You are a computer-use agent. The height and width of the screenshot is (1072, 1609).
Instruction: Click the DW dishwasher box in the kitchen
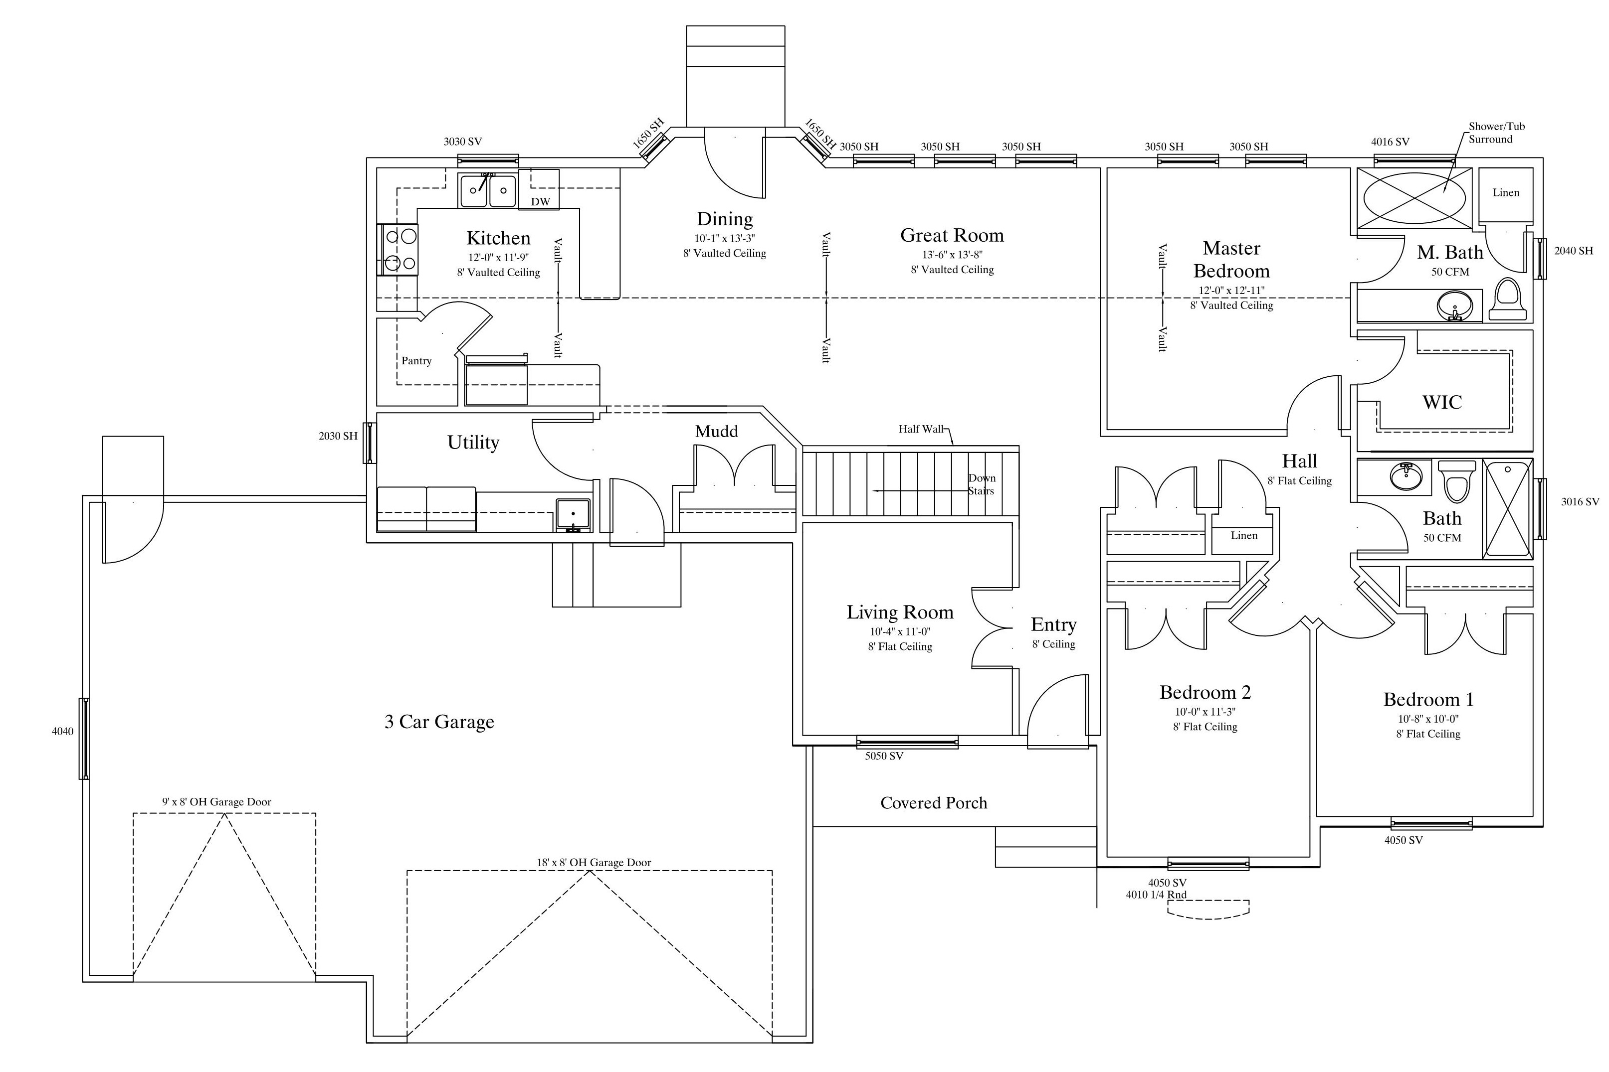click(x=539, y=189)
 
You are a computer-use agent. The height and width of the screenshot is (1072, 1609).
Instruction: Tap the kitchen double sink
click(x=488, y=190)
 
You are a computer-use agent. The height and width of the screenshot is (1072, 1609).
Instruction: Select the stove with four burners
click(x=398, y=250)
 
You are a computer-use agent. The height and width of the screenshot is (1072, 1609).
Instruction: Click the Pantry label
click(x=416, y=361)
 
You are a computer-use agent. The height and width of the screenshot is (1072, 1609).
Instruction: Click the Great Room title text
click(x=952, y=235)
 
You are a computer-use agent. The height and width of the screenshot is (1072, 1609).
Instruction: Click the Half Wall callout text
click(x=921, y=429)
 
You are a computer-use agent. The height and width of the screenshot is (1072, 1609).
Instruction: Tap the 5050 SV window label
click(x=884, y=756)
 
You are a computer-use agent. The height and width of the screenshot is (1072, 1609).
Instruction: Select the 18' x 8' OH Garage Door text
click(x=594, y=863)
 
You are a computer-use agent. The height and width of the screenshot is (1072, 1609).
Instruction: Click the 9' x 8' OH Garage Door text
click(x=216, y=802)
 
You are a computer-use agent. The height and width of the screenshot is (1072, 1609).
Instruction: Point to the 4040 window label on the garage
click(x=62, y=732)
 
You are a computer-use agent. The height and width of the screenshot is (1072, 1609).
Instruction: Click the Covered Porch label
click(x=934, y=803)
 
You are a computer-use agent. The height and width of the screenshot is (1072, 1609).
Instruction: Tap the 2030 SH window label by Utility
click(x=338, y=436)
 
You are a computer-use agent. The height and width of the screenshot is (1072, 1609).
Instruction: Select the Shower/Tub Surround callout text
click(x=1496, y=133)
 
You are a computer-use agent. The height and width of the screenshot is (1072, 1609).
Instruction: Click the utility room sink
click(x=573, y=515)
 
